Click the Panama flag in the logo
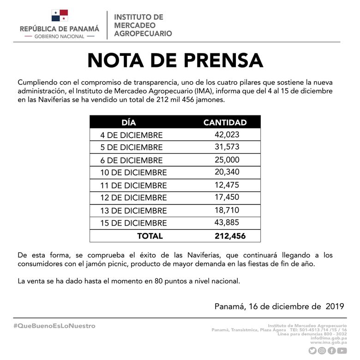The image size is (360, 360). (x=60, y=15)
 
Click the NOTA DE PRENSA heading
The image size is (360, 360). (x=175, y=60)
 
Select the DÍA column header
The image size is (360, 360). (x=129, y=122)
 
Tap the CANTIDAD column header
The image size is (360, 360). (x=225, y=122)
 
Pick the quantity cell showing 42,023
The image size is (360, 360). (x=227, y=135)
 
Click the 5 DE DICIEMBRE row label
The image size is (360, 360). (x=132, y=148)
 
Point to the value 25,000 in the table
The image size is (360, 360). (x=227, y=160)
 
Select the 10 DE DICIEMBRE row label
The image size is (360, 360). (x=133, y=173)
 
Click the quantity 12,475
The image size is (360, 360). (x=227, y=185)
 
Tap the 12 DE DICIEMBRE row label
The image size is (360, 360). (x=133, y=198)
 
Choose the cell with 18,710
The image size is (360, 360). (x=227, y=210)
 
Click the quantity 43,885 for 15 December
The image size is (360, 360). (x=227, y=223)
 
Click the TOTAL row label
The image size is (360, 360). (x=150, y=236)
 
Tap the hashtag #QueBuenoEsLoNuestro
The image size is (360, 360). (x=54, y=326)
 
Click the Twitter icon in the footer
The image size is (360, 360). (x=312, y=351)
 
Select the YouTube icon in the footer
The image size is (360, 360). (x=342, y=351)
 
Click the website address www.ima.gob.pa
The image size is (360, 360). (x=328, y=342)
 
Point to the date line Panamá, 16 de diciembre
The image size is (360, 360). (x=280, y=306)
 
